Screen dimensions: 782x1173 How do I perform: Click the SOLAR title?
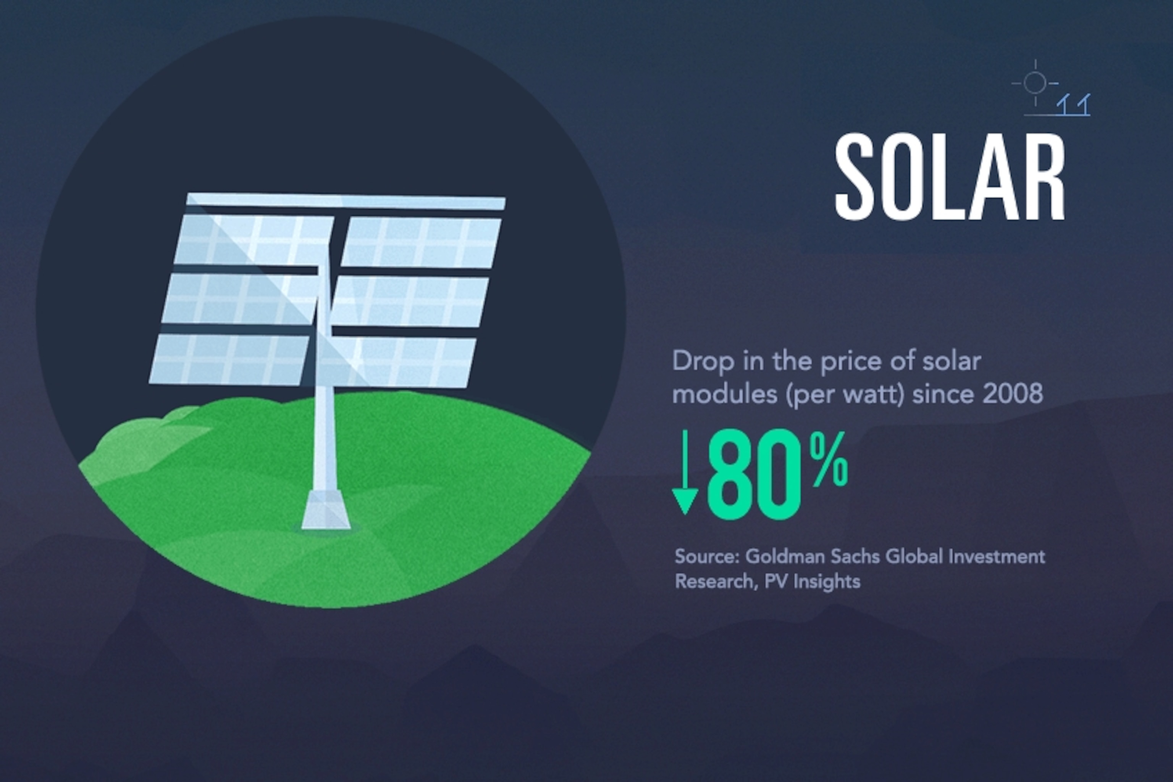coord(950,177)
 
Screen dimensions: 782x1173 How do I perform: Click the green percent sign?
coord(828,459)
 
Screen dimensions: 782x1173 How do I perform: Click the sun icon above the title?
coord(1035,83)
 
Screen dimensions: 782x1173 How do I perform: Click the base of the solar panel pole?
coord(326,510)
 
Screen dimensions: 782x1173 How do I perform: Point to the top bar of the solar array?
coord(346,201)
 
